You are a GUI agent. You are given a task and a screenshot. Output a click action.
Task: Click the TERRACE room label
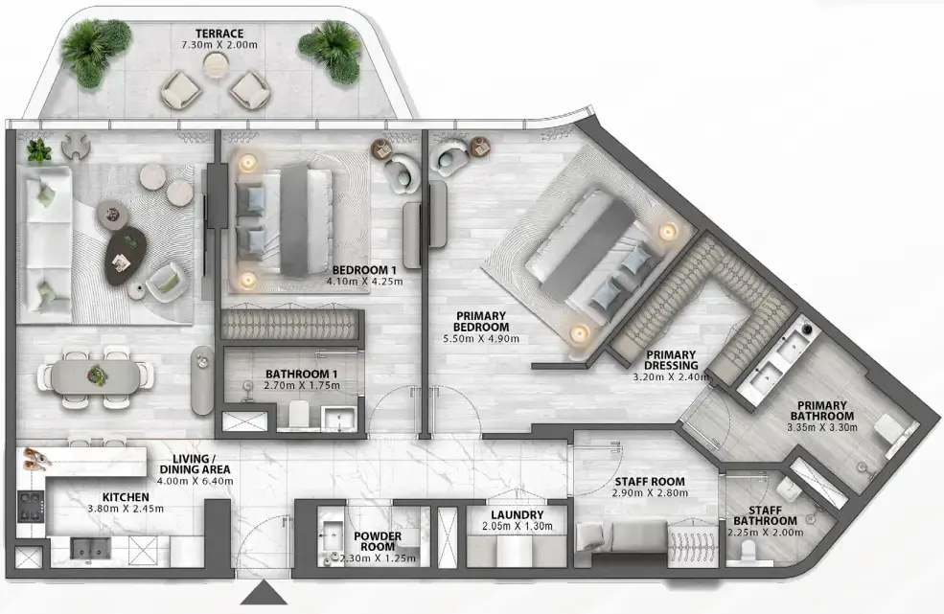click(219, 34)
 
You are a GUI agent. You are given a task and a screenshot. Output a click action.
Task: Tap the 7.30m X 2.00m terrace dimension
click(219, 45)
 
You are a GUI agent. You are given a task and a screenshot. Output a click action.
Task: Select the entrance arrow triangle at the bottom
click(264, 593)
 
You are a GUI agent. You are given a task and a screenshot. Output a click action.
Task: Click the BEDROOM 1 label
click(364, 270)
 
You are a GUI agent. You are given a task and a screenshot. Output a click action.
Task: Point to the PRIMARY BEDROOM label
click(482, 322)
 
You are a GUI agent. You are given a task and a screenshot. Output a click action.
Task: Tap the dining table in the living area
click(95, 376)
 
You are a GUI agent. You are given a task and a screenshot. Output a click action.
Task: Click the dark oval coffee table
click(126, 257)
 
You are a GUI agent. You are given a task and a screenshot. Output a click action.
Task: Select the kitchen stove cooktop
click(31, 507)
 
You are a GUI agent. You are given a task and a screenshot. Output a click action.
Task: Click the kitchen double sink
click(90, 549)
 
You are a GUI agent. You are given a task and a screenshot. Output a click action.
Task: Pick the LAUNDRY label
click(518, 514)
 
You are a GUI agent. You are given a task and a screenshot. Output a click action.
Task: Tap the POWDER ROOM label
click(378, 541)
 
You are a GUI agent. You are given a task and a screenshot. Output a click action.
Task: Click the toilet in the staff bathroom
click(748, 551)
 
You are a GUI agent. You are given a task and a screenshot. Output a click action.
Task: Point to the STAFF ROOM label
click(650, 482)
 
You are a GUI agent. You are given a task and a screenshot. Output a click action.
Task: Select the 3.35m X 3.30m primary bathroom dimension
click(821, 427)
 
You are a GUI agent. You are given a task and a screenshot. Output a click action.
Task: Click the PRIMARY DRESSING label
click(671, 360)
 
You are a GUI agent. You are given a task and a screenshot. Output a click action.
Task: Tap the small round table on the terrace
click(214, 64)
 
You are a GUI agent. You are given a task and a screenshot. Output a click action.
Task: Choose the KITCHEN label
click(126, 497)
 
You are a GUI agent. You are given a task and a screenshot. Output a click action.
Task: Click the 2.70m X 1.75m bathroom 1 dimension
click(302, 385)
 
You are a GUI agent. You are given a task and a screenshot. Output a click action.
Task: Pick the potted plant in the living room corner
click(39, 150)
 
